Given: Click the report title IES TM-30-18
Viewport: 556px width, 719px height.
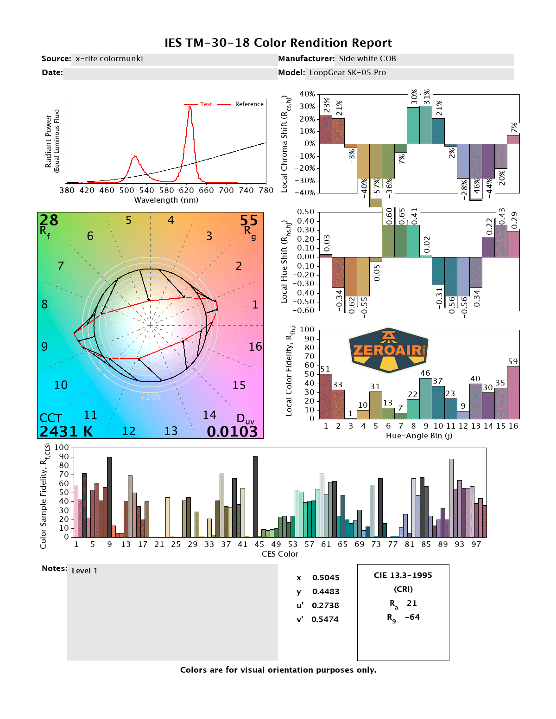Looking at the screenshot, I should click(278, 43).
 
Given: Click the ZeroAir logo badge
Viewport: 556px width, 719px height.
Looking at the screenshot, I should click(389, 350).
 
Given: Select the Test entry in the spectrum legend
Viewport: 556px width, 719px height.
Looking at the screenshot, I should click(206, 104).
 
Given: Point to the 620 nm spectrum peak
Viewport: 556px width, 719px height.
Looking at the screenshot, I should click(190, 108).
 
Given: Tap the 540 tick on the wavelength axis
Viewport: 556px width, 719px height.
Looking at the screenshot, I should click(146, 190).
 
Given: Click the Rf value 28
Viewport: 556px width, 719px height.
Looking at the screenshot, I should click(49, 220).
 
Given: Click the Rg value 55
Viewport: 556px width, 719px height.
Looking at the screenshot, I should click(249, 220).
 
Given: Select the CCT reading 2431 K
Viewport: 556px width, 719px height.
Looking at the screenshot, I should click(66, 432).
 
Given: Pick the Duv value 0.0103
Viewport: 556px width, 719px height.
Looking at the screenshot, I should click(232, 432).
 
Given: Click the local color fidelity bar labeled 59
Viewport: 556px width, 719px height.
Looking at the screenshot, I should click(513, 392).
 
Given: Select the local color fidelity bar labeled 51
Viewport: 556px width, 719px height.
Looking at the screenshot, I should click(326, 396).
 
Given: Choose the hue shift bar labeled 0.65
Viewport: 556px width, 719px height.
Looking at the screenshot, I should click(401, 241).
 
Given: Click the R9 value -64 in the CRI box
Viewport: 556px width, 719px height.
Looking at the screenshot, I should click(412, 617).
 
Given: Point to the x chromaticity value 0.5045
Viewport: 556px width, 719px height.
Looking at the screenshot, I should click(326, 578).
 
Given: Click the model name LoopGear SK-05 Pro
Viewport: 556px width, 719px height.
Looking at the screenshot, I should click(347, 73).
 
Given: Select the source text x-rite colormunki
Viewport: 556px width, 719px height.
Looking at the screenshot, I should click(109, 59).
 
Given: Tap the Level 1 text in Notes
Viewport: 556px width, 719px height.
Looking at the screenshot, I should click(85, 571).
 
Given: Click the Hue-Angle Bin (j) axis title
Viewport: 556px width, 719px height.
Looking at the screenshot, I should click(419, 436).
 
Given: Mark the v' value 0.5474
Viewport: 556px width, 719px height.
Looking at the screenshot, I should click(325, 619).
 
